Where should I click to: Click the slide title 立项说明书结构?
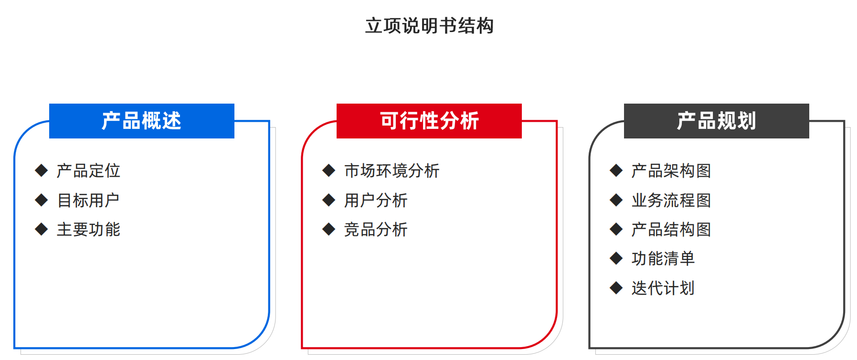click(x=429, y=26)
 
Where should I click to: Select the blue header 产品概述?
click(x=142, y=121)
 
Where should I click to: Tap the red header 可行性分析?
click(x=429, y=121)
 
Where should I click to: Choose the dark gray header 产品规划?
click(x=716, y=121)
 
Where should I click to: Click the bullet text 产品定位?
click(x=88, y=170)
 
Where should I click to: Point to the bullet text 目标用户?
click(x=88, y=200)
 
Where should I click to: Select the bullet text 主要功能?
click(x=88, y=230)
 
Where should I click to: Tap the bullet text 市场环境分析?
click(x=391, y=170)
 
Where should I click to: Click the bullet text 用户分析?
click(x=376, y=200)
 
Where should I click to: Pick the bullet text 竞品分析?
click(x=376, y=230)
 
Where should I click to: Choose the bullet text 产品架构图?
click(x=671, y=170)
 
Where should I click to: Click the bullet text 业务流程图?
click(x=671, y=200)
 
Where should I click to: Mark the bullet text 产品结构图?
click(x=671, y=230)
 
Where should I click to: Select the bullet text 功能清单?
click(x=663, y=259)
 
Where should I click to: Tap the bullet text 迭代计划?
click(x=663, y=288)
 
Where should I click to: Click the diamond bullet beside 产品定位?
click(x=42, y=170)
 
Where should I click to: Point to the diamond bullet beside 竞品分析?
click(x=329, y=229)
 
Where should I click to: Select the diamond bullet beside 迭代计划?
click(x=616, y=288)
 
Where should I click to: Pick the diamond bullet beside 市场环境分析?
click(x=329, y=170)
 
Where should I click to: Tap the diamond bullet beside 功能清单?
click(x=616, y=258)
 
